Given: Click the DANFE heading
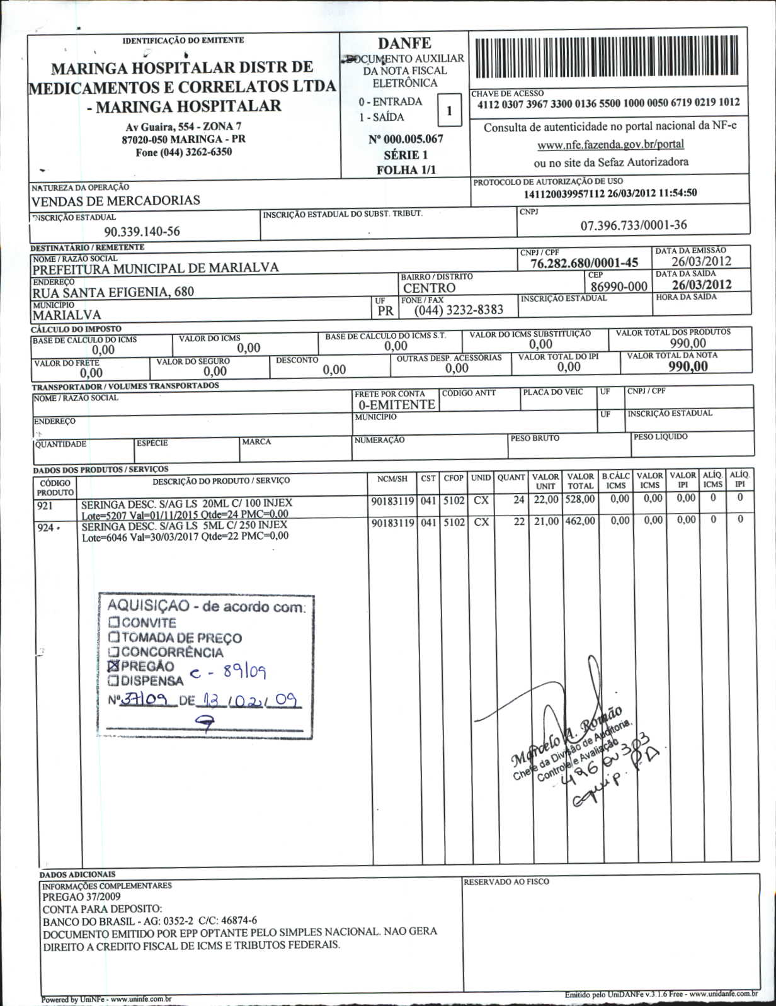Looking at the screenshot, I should (x=404, y=43).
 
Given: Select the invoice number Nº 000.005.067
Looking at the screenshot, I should (x=406, y=139).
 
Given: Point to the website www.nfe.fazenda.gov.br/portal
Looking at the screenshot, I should (x=610, y=145).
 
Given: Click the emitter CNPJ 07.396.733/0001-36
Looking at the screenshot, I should (x=633, y=225).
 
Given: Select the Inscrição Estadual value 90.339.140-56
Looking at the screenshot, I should (x=142, y=232).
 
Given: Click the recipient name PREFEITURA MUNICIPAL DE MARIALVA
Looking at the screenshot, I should (x=156, y=268).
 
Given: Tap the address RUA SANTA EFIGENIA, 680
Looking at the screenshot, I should (x=113, y=291).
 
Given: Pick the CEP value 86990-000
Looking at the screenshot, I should (x=619, y=286).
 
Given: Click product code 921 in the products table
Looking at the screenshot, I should (x=46, y=505).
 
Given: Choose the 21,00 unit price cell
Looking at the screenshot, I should (x=545, y=521).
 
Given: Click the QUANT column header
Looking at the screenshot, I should (x=511, y=478).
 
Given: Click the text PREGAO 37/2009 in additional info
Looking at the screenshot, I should (x=81, y=896).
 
